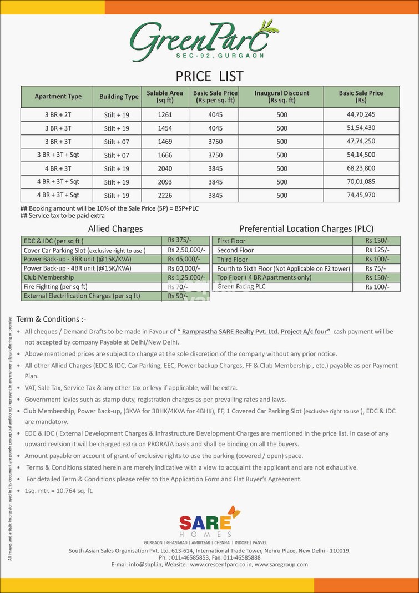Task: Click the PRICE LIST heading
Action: (x=209, y=76)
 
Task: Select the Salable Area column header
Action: (x=165, y=97)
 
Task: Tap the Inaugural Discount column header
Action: (x=281, y=97)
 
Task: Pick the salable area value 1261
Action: (x=165, y=115)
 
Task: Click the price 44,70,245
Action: (x=361, y=115)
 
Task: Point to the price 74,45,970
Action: (x=361, y=196)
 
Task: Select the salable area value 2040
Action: (x=165, y=168)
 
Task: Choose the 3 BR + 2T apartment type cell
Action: (x=58, y=115)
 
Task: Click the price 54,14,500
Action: (x=361, y=155)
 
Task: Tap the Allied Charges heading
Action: (x=115, y=228)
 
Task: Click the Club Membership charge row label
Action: (x=48, y=277)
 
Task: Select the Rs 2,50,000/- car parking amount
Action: (x=186, y=251)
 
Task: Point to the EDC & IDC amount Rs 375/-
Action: (x=178, y=241)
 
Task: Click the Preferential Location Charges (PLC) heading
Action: (x=306, y=228)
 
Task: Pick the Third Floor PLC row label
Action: (x=233, y=260)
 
